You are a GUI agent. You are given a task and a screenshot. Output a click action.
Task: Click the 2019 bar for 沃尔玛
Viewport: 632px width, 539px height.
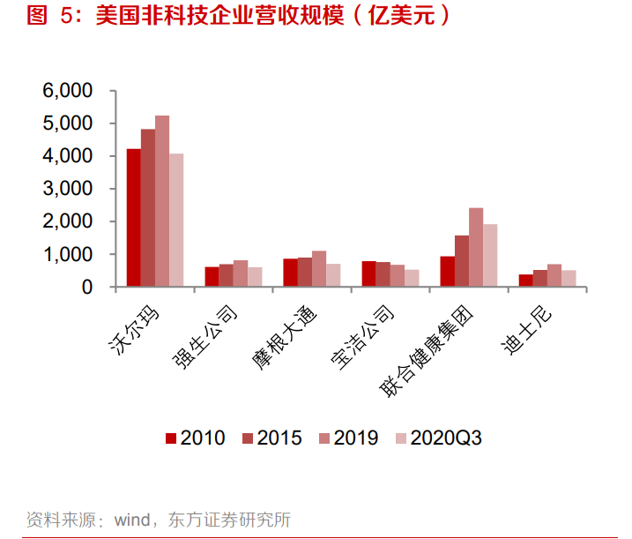click(x=162, y=201)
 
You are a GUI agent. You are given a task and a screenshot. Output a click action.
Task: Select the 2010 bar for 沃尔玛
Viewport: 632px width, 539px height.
click(x=134, y=218)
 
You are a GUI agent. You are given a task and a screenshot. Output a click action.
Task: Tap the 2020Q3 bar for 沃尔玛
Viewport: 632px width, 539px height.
click(x=176, y=221)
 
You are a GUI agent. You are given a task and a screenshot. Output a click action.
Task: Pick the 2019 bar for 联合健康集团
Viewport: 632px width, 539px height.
click(x=476, y=247)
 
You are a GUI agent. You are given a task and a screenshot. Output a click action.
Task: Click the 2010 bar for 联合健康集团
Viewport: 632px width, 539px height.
click(x=448, y=272)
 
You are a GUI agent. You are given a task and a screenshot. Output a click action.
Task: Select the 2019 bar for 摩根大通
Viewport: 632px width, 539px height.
click(x=319, y=269)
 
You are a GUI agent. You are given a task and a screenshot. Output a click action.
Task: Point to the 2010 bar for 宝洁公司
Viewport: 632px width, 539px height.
click(x=369, y=274)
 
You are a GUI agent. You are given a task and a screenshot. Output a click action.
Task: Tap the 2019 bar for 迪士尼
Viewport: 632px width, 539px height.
click(x=554, y=275)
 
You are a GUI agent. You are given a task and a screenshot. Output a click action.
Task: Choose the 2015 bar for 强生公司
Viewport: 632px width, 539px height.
click(x=227, y=275)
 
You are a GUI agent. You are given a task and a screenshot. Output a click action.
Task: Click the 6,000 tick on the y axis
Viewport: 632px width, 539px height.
click(x=67, y=91)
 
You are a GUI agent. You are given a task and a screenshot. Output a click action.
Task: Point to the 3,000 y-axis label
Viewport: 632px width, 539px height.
click(x=67, y=189)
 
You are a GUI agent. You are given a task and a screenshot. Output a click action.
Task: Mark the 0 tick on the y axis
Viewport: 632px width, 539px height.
click(x=86, y=287)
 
